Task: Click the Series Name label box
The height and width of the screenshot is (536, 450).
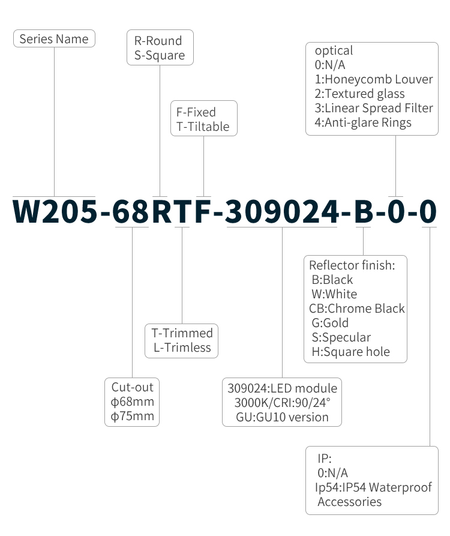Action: point(54,39)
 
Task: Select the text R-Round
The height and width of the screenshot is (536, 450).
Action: point(158,41)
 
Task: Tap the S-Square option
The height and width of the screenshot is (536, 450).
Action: point(160,56)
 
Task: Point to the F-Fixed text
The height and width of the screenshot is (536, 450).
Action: point(196,112)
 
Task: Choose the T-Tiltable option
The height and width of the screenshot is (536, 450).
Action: point(203,127)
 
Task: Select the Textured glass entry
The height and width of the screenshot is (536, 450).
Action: point(359,94)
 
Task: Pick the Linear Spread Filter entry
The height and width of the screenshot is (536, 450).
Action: point(374,108)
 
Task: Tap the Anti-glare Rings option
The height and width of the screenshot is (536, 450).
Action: point(363,122)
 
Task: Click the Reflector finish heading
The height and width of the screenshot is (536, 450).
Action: point(352,265)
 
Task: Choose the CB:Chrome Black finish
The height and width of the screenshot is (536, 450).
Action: point(357,309)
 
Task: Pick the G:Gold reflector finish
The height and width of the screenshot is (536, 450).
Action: point(330,323)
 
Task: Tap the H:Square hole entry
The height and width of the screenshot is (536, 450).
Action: point(350,352)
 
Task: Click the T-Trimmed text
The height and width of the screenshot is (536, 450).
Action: point(182,333)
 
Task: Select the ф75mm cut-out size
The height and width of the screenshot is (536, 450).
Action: point(133,416)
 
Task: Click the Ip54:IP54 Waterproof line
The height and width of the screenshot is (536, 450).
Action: point(373,487)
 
